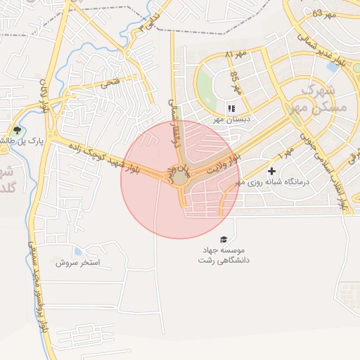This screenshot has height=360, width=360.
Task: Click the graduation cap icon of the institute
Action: click(x=224, y=240)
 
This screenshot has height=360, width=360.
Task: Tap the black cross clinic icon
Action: click(x=271, y=172)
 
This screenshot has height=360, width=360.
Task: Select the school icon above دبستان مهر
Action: click(x=229, y=108)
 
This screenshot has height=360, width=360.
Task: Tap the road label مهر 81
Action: click(x=237, y=54)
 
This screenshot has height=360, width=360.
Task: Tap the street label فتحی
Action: click(x=110, y=82)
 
